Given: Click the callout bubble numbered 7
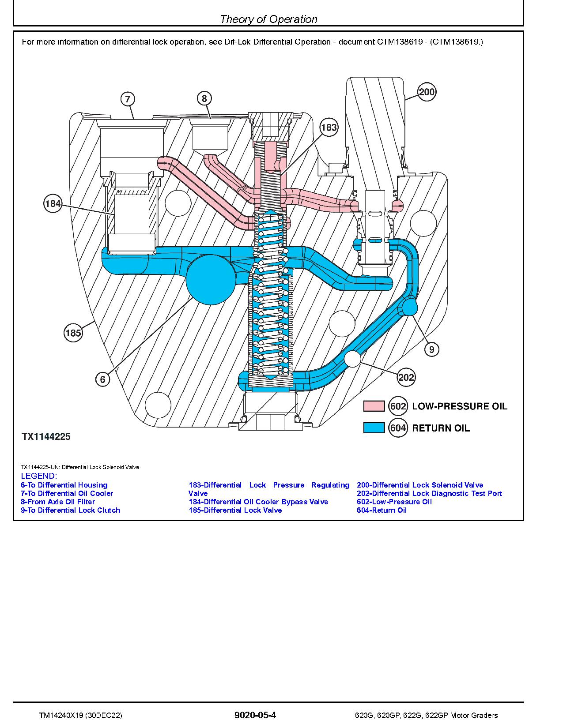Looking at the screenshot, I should tap(128, 99).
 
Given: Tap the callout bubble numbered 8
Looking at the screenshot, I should tap(204, 98).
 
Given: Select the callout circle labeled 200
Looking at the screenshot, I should tap(427, 92).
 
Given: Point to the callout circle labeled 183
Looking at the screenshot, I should tap(329, 128).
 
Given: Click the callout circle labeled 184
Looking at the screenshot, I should tap(53, 204).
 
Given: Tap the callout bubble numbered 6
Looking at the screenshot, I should tap(103, 379).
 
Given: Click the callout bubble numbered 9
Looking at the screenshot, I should tap(431, 349).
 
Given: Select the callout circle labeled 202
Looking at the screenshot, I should tap(406, 377).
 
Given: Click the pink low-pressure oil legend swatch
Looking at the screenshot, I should tap(374, 406).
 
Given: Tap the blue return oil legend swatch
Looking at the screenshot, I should tap(374, 428).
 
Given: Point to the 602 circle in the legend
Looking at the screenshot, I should tap(398, 406).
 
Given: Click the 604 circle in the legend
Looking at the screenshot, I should tap(398, 428).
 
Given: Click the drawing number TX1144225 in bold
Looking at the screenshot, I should tap(46, 437).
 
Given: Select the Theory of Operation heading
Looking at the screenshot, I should tap(268, 19).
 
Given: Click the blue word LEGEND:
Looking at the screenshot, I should tap(39, 476).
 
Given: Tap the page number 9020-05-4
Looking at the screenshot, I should tap(255, 715).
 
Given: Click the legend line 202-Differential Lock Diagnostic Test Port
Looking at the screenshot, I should tap(429, 493).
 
